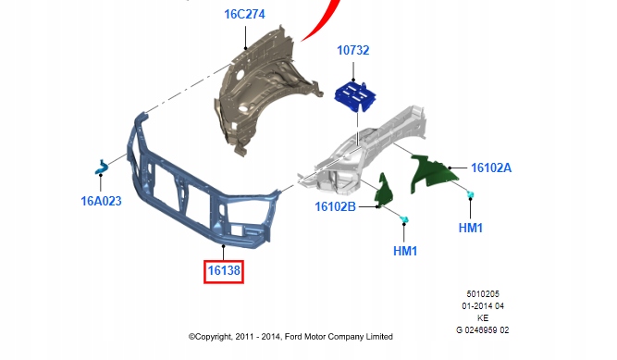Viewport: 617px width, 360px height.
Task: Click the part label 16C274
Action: tap(244, 14)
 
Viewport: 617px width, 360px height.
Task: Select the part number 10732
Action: tap(353, 50)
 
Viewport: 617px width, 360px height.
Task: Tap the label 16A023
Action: tap(101, 201)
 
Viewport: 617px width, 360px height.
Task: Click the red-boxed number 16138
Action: tap(224, 270)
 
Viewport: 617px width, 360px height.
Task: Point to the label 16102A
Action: tap(491, 168)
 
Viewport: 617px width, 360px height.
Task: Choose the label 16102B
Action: tap(335, 206)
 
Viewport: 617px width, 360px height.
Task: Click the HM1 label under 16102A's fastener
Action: tap(471, 228)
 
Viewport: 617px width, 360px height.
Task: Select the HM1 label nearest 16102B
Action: tap(405, 251)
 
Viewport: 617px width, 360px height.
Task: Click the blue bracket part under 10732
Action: tap(355, 96)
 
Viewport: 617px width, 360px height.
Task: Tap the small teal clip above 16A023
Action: tap(102, 167)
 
